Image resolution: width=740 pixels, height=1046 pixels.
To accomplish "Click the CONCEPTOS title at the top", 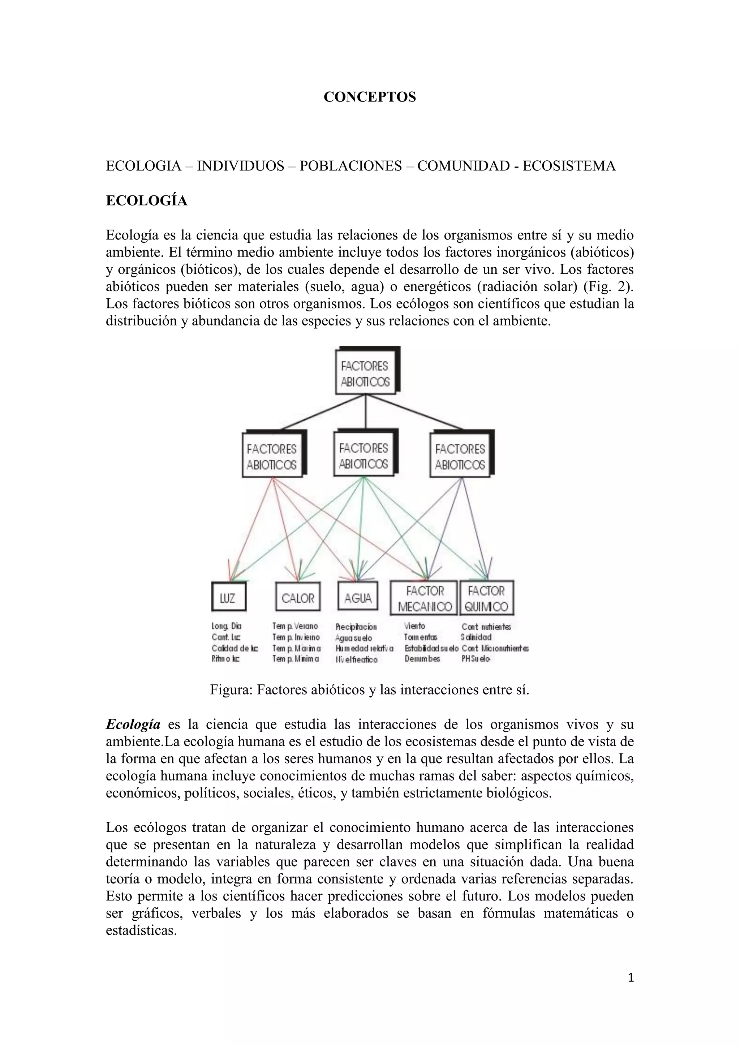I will tap(370, 97).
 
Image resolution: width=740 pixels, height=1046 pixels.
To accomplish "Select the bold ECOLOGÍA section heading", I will tap(146, 200).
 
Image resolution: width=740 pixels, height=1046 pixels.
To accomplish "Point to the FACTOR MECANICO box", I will tap(425, 598).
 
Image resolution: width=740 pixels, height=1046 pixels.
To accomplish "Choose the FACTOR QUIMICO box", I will tap(487, 598).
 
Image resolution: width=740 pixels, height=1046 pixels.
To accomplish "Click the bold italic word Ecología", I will tap(133, 725).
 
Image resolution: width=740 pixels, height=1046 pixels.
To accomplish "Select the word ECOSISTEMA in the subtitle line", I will tap(569, 166).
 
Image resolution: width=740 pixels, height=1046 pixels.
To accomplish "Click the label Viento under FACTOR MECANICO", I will tap(415, 626).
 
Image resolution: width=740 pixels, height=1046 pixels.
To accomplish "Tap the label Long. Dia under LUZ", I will tap(227, 626).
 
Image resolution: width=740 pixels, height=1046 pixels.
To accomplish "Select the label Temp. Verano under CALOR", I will tap(295, 626).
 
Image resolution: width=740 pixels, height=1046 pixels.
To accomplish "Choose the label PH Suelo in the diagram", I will tap(476, 659).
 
